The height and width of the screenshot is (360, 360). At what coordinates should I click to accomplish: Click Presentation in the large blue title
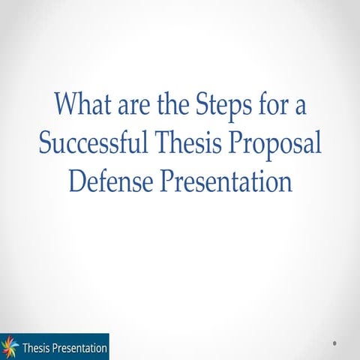click(x=225, y=181)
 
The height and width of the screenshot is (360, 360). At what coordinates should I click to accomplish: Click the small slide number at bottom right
click(x=334, y=343)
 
